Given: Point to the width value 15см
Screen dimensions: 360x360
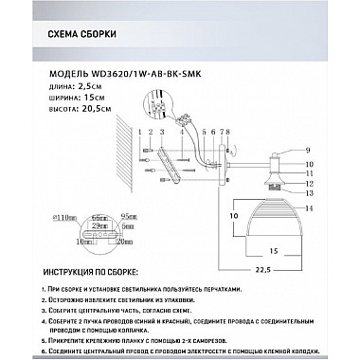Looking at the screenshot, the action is pos(91,98).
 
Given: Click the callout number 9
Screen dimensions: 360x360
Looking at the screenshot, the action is pos(307,151).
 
